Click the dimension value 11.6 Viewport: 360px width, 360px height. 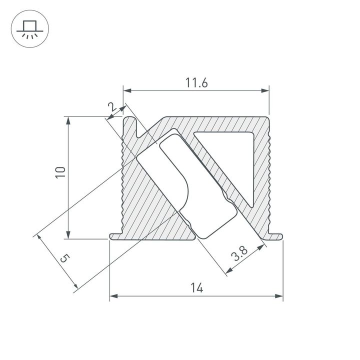pos(196,83)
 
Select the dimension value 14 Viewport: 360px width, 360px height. pos(196,288)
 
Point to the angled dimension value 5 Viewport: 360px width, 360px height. pos(63,258)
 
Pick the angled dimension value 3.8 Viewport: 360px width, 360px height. pos(239,255)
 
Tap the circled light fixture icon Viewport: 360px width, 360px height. pos(28,28)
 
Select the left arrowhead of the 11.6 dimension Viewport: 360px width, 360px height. pos(127,90)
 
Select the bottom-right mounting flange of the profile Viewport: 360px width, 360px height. pos(275,235)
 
